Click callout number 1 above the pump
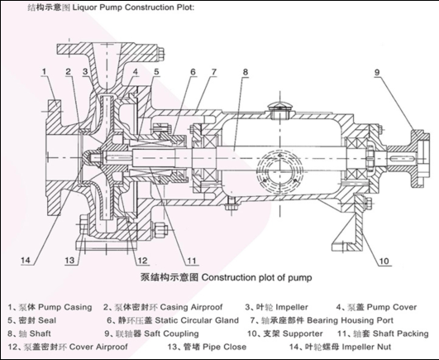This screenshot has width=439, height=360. click(x=44, y=72)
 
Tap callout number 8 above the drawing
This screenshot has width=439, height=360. click(x=246, y=72)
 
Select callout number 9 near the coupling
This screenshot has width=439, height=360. click(x=377, y=72)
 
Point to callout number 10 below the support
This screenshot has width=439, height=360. click(x=384, y=262)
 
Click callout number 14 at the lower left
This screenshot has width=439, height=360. click(x=26, y=260)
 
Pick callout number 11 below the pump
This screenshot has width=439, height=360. click(x=192, y=261)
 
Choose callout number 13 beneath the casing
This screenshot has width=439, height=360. click(x=69, y=260)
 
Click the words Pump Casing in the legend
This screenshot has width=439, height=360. click(x=65, y=307)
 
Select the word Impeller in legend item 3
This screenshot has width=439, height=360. click(x=292, y=307)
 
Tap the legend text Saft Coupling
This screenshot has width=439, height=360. click(x=171, y=334)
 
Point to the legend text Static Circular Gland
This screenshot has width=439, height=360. click(x=197, y=320)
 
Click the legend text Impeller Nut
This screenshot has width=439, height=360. click(x=366, y=347)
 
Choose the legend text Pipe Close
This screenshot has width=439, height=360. click(x=225, y=347)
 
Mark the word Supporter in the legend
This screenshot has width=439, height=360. click(x=303, y=334)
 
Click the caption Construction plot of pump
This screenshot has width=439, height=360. click(x=257, y=277)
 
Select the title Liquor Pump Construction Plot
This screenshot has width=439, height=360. click(x=133, y=7)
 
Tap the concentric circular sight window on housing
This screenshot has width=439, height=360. click(x=281, y=170)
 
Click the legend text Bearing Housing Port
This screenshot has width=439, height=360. click(x=351, y=320)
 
